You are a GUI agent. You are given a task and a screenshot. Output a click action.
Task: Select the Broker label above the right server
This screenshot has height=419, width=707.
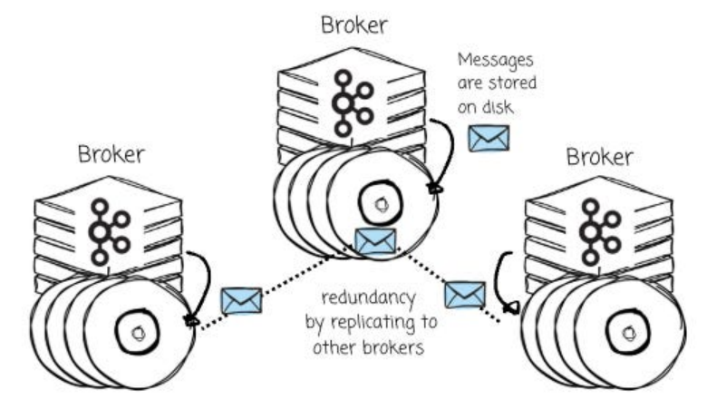[599, 156]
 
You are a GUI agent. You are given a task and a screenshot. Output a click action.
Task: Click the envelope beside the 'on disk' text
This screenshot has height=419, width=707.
[489, 138]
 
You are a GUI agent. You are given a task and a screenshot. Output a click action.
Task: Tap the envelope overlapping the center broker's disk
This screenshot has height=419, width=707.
[375, 241]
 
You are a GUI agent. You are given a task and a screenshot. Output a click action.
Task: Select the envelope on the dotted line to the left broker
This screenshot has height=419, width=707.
[241, 300]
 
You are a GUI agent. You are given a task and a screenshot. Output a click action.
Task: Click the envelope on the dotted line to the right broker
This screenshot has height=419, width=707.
[465, 295]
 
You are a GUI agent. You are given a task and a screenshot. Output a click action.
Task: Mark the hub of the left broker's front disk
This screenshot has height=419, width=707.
[138, 333]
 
